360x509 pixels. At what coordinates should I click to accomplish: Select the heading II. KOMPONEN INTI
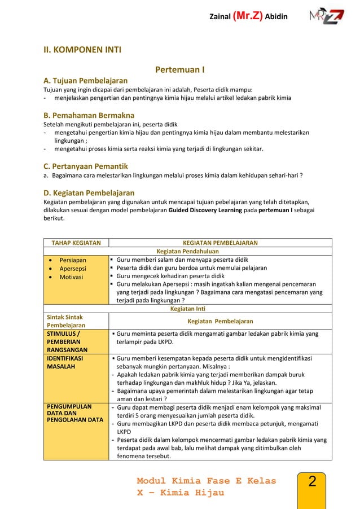[82, 50]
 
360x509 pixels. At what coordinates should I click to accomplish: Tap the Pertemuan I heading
[179, 70]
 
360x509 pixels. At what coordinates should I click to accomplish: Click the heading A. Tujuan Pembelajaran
[86, 80]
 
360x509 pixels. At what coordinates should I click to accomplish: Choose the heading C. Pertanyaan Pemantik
[86, 166]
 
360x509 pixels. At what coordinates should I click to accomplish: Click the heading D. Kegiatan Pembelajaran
[89, 193]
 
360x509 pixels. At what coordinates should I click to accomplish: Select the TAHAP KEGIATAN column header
[76, 243]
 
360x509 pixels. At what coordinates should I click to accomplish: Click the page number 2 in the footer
[312, 482]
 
